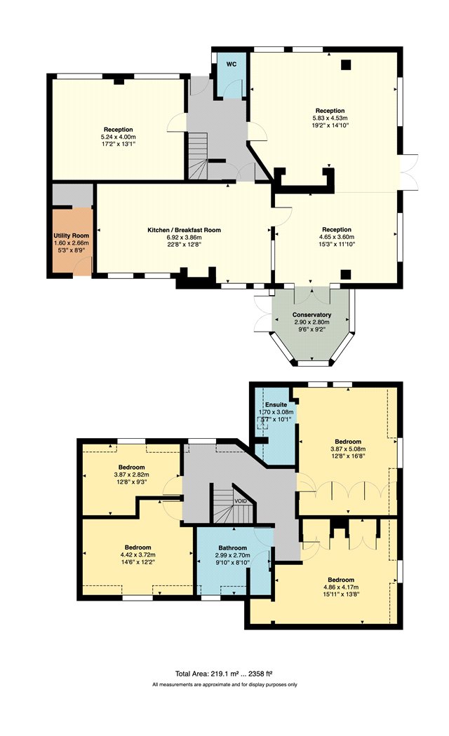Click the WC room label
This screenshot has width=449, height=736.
tap(231, 64)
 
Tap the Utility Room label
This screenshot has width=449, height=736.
tap(72, 235)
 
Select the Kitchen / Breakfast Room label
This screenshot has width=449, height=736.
tap(184, 230)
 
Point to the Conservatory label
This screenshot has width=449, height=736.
tap(312, 315)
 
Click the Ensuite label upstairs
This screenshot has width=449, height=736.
tap(276, 404)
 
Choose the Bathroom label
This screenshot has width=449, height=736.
tap(232, 547)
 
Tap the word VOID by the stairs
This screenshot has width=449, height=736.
tap(241, 501)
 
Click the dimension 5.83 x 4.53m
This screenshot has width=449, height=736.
tap(330, 118)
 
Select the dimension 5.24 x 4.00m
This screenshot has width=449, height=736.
tap(119, 137)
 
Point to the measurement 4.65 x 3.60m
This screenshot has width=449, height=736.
tap(337, 237)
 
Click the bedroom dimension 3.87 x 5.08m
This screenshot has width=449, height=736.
tap(348, 449)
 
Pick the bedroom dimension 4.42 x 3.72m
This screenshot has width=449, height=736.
tap(138, 554)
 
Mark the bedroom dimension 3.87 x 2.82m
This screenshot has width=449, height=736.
tap(131, 475)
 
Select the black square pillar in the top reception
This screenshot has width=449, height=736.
tap(346, 64)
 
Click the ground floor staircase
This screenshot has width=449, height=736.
tap(198, 156)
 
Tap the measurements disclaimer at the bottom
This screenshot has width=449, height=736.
tap(224, 685)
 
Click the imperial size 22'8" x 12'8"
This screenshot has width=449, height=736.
tap(184, 244)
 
